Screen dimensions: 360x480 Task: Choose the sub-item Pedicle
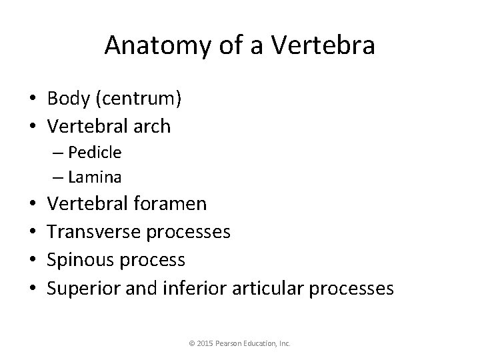[94, 153]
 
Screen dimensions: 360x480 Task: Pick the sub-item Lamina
[94, 177]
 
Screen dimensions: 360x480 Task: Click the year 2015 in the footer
[203, 344]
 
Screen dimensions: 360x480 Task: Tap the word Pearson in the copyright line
[229, 344]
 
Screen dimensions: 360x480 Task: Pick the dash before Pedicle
[54, 153]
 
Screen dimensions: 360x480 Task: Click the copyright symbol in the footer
[191, 344]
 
